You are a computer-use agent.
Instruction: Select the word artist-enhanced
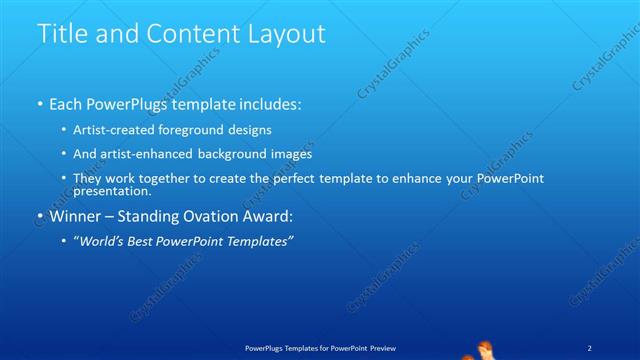(x=144, y=154)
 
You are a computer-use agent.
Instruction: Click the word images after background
(x=290, y=154)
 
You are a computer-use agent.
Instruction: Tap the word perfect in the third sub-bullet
(x=293, y=178)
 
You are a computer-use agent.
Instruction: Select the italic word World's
(x=102, y=241)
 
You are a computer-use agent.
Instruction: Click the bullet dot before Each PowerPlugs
(x=39, y=104)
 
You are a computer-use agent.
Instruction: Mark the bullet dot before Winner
(x=39, y=216)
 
